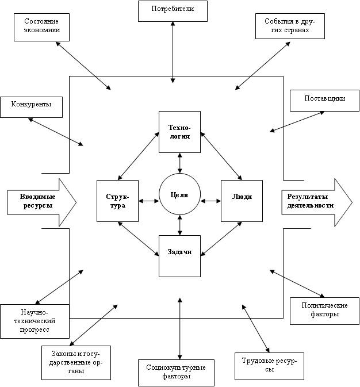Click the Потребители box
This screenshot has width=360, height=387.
point(173,10)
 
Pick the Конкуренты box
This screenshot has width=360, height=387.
point(32,106)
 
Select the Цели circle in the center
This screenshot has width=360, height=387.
point(179,196)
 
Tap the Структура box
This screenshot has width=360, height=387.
point(117,201)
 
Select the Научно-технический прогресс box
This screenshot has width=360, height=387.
point(35,321)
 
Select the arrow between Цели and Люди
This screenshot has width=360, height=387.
point(210,201)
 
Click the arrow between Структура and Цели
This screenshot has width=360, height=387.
point(149,201)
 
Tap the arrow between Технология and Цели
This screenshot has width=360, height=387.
point(180,163)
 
